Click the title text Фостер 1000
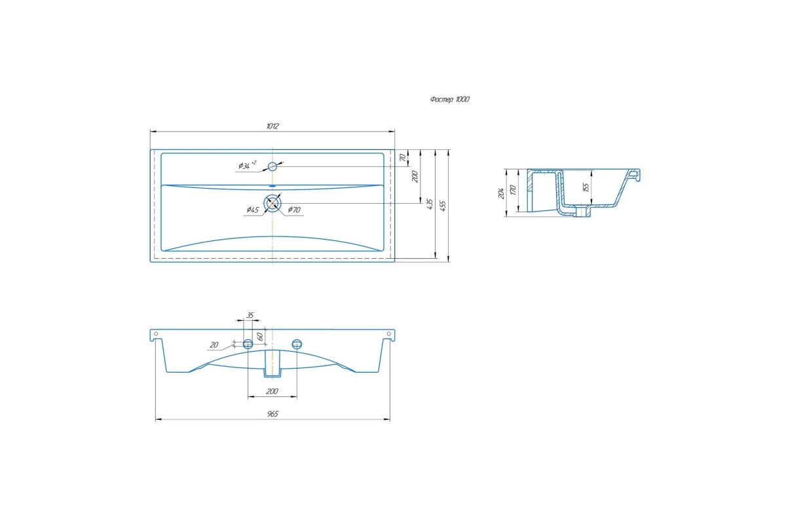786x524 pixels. pyautogui.click(x=449, y=100)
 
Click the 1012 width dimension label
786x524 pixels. pyautogui.click(x=272, y=126)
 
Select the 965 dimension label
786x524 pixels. pyautogui.click(x=272, y=414)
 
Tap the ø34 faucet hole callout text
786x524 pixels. pyautogui.click(x=247, y=165)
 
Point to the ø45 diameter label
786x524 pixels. pyautogui.click(x=252, y=210)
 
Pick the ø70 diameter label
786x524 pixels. pyautogui.click(x=294, y=210)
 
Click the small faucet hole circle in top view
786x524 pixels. pyautogui.click(x=272, y=166)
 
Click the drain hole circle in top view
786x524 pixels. pyautogui.click(x=272, y=203)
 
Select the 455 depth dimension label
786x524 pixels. pyautogui.click(x=443, y=206)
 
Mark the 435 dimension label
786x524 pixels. pyautogui.click(x=430, y=204)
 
